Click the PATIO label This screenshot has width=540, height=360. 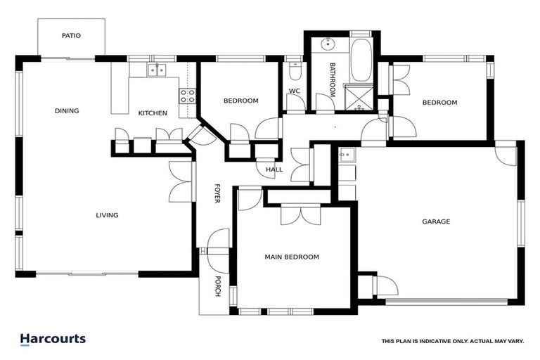click(x=70, y=34)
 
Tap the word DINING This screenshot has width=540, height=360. click(x=67, y=110)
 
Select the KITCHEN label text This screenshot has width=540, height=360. click(x=152, y=113)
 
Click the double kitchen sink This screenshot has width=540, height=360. click(x=155, y=69)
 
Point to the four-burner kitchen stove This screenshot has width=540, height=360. click(x=187, y=96)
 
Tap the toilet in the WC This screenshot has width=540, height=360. click(x=295, y=71)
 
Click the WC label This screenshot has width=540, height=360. click(x=295, y=91)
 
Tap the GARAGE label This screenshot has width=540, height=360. click(x=436, y=221)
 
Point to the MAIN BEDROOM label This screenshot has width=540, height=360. click(x=292, y=257)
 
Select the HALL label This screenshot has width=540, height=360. click(x=274, y=169)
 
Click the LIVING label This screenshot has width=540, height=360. click(x=107, y=215)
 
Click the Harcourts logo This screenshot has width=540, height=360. click(x=53, y=339)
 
